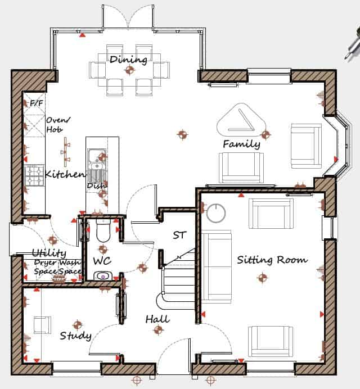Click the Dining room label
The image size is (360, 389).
point(128,60)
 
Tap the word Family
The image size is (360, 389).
point(241,144)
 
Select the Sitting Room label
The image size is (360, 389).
point(272,260)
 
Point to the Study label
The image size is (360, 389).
point(76,336)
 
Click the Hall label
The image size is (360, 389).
point(157,319)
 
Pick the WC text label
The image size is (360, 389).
point(102,261)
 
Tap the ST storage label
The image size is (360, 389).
point(179,235)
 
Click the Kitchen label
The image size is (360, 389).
point(65,174)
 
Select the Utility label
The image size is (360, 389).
point(49,253)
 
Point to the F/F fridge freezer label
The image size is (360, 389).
point(37,103)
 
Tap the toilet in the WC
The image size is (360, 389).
point(103,230)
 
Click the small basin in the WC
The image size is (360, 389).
point(103,276)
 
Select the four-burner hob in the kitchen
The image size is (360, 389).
point(35,175)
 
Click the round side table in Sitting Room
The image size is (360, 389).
point(216,213)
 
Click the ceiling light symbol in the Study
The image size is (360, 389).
point(78,325)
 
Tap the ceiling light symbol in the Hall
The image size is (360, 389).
point(158,330)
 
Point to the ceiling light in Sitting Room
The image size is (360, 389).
point(262,278)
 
